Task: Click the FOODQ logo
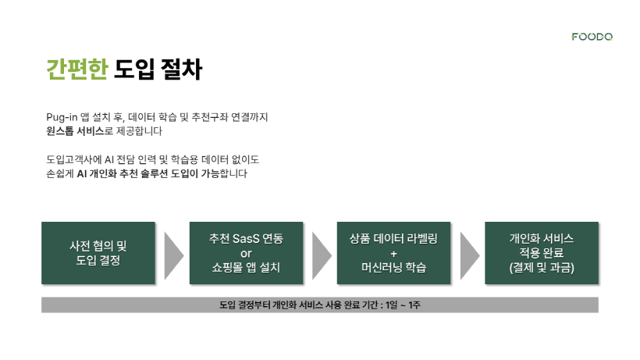tap(592, 37)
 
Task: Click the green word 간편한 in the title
tap(77, 69)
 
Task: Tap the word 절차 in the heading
tap(182, 69)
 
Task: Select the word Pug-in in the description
tap(62, 118)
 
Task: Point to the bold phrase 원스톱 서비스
tap(75, 131)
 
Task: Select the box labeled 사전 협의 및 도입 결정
tap(98, 253)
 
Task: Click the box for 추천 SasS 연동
tap(246, 253)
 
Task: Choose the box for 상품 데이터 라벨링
tap(394, 253)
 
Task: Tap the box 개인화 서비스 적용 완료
tap(542, 253)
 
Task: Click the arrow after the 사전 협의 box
tap(172, 256)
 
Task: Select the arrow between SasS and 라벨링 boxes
tap(321, 256)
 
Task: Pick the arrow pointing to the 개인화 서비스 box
tap(468, 256)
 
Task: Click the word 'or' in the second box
tap(246, 254)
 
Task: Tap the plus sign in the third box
tap(394, 254)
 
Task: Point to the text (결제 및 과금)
tap(542, 268)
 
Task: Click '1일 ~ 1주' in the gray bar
tap(403, 305)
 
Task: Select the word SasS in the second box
tap(246, 238)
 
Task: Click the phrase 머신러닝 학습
tap(394, 268)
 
